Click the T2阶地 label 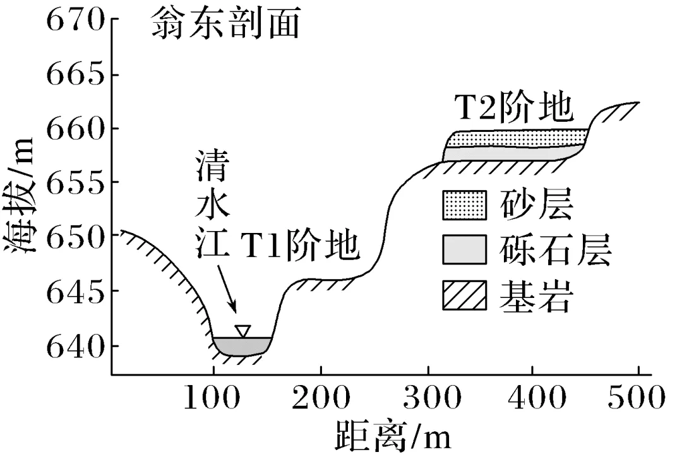(514, 109)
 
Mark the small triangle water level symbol (242, 331)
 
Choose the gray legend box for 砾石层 (464, 251)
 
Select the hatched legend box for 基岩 (464, 295)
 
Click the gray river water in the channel (242, 346)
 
